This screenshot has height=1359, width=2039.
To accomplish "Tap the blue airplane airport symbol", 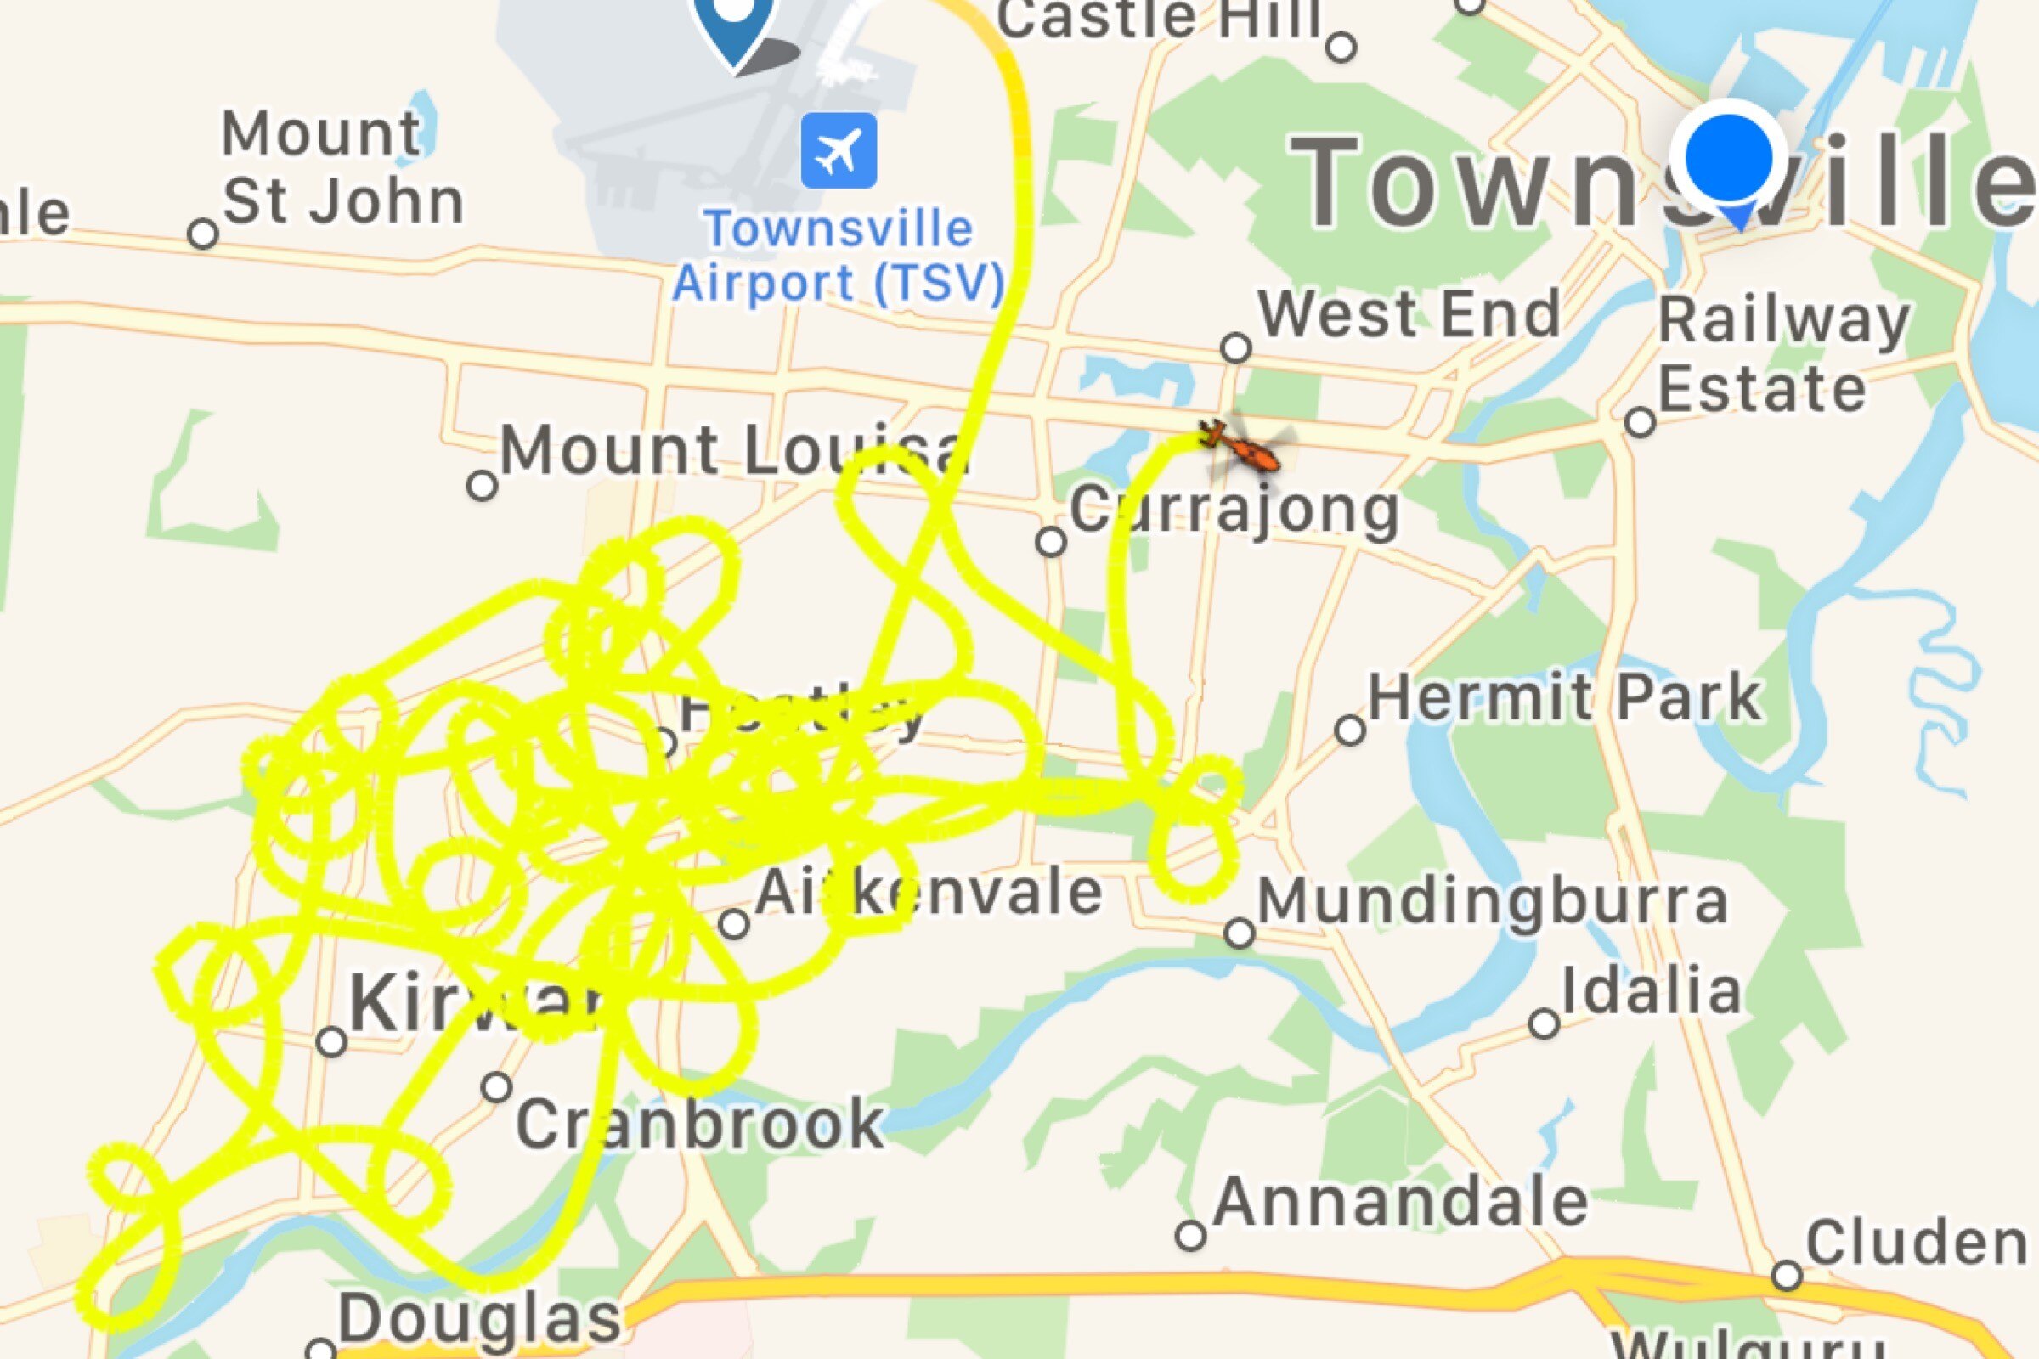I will click(839, 150).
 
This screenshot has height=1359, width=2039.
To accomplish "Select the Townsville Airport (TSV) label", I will click(839, 256).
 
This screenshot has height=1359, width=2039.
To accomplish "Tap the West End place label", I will click(1409, 313).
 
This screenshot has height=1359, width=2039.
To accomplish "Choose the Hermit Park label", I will click(1565, 697).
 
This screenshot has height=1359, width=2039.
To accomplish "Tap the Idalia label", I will click(1652, 990).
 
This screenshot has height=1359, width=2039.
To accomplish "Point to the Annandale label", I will click(1401, 1201).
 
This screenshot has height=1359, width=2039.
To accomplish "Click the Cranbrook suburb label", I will click(698, 1123).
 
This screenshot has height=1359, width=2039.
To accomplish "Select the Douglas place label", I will click(479, 1319).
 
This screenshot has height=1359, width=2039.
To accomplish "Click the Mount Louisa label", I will click(732, 451).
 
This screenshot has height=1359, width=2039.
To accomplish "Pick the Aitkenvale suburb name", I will click(928, 893).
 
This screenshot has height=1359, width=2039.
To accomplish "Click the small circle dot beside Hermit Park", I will click(1350, 730).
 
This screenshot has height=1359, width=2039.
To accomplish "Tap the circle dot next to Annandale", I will click(1190, 1235).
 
